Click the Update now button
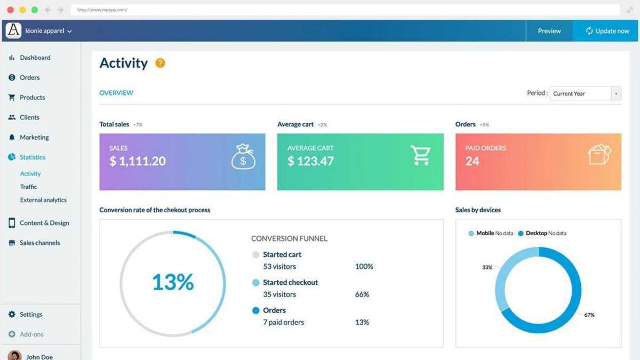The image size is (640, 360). pyautogui.click(x=607, y=31)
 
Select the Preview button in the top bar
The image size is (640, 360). pyautogui.click(x=549, y=31)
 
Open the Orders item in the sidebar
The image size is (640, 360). pyautogui.click(x=29, y=77)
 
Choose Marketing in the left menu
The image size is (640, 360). pyautogui.click(x=34, y=137)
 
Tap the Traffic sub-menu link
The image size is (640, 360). pyautogui.click(x=28, y=187)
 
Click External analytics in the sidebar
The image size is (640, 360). pyautogui.click(x=43, y=200)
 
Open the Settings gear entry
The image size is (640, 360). pyautogui.click(x=30, y=314)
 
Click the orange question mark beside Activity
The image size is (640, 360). pyautogui.click(x=160, y=63)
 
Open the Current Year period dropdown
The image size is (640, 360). pyautogui.click(x=586, y=93)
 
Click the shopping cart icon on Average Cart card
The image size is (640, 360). pyautogui.click(x=420, y=155)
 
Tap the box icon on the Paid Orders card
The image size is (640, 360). pyautogui.click(x=599, y=155)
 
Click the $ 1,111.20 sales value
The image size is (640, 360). pyautogui.click(x=138, y=161)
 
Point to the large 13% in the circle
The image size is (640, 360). pyautogui.click(x=173, y=282)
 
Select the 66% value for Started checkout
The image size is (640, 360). pyautogui.click(x=362, y=294)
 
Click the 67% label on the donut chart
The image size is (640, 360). pyautogui.click(x=589, y=315)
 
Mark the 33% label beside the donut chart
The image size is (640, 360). pyautogui.click(x=487, y=267)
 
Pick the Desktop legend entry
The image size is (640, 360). pyautogui.click(x=536, y=233)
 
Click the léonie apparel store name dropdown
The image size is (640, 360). pyautogui.click(x=48, y=31)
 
